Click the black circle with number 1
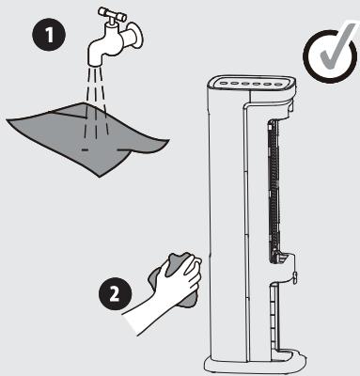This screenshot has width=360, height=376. [49, 35]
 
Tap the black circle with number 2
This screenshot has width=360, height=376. [115, 294]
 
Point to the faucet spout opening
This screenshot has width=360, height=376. [96, 63]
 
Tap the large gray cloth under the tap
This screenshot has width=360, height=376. [86, 138]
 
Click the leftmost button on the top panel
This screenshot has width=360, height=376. [223, 84]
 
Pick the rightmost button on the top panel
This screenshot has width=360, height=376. [278, 84]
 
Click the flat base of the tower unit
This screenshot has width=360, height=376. [254, 364]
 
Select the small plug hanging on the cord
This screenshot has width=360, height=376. [295, 277]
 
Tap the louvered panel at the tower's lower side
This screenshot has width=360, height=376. [274, 317]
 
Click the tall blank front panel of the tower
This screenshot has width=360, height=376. [228, 219]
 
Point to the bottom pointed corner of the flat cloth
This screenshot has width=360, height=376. [100, 177]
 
